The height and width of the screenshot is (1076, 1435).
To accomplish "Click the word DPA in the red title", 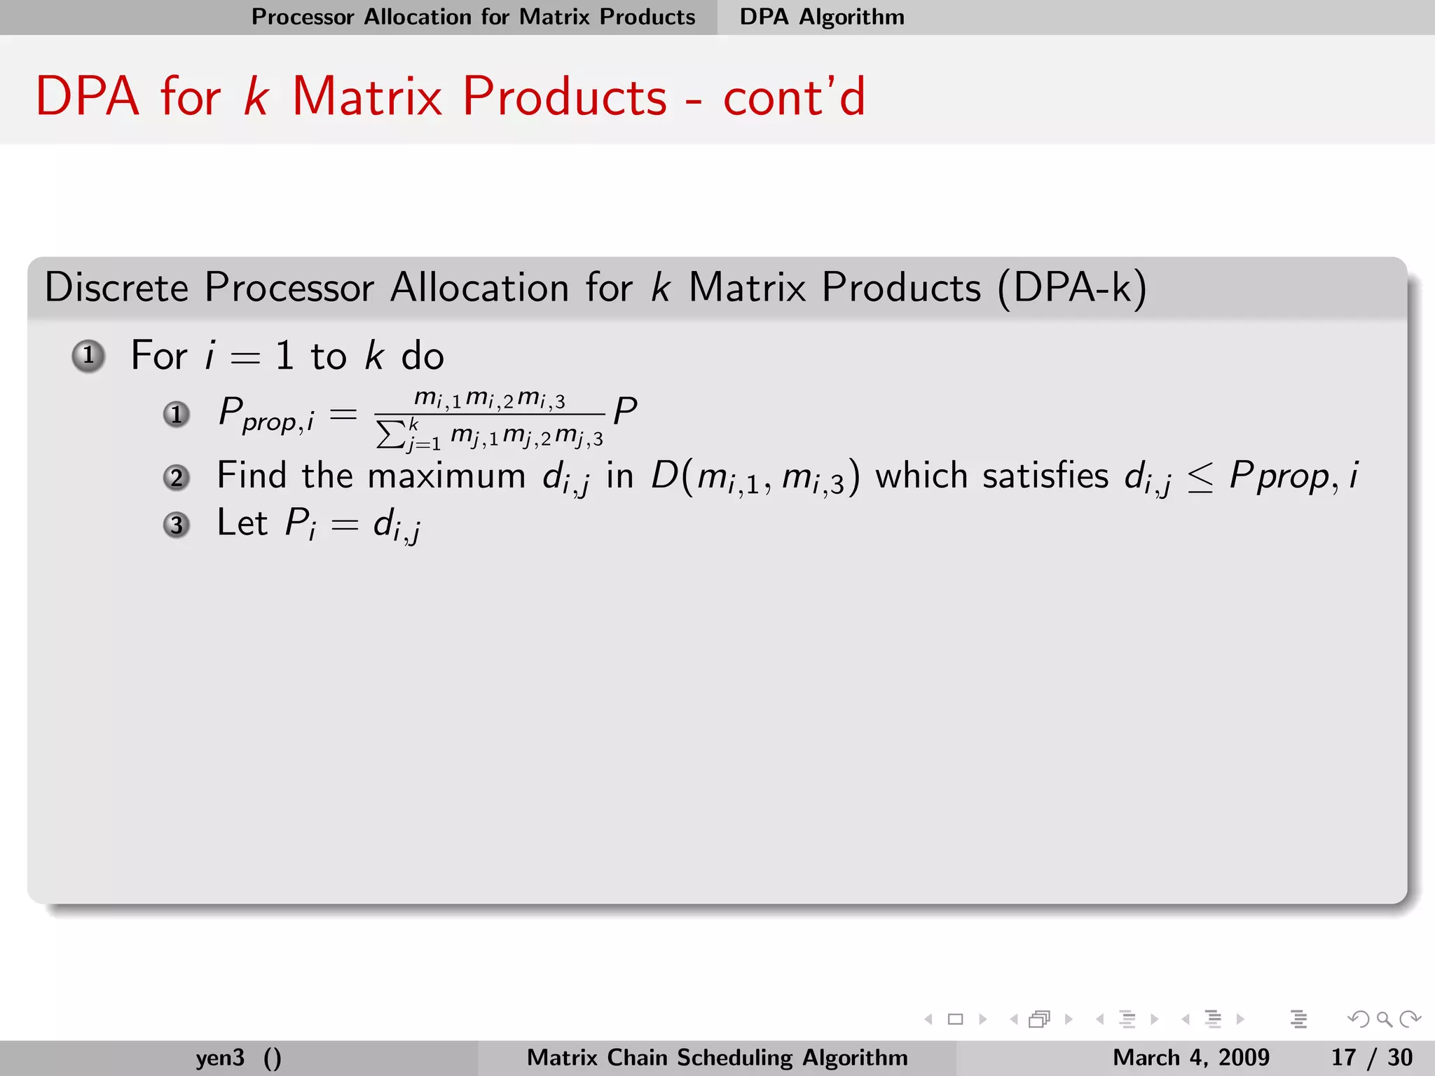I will coord(88,96).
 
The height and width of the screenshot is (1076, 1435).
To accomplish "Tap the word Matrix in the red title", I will coord(366,96).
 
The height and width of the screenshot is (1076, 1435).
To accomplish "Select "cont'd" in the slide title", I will coord(794,96).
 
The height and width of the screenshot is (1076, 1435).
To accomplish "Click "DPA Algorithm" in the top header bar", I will coord(822,17).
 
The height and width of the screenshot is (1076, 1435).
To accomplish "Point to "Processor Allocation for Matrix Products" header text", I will coord(473,17).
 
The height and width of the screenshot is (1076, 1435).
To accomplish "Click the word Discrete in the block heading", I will coord(116,287).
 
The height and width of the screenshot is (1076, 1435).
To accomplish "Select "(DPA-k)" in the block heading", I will coord(1071,287).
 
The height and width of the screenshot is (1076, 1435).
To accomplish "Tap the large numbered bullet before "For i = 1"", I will coord(88,356).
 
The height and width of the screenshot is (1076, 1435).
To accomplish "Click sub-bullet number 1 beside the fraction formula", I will coord(177,414).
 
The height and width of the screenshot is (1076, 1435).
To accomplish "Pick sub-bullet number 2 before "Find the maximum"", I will coord(177,478).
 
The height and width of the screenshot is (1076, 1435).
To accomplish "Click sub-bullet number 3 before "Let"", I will coord(177,525).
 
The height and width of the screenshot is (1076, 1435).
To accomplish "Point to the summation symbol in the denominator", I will coord(390,434).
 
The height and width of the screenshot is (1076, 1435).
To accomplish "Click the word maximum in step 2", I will coord(446,476).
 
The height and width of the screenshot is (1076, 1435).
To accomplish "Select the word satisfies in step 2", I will coord(1045,476).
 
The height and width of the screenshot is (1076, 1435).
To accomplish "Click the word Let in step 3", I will coord(242,523).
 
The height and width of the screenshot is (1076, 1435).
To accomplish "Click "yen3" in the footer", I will coord(220,1057).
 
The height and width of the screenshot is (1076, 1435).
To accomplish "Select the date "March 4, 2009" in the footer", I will coord(1190,1057).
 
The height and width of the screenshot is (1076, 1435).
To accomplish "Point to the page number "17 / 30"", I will coord(1371,1057).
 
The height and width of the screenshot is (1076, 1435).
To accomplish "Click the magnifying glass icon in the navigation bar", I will coord(1384,1019).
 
